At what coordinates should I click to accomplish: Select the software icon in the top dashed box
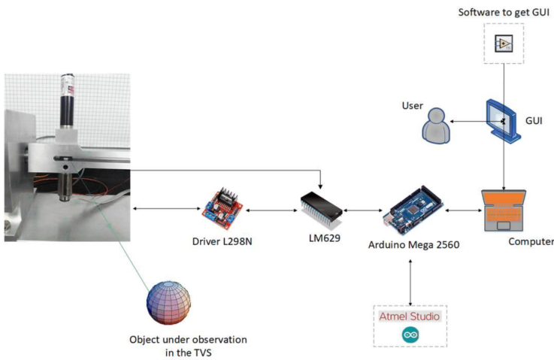pos(503,43)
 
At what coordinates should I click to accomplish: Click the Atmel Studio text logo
pos(410,316)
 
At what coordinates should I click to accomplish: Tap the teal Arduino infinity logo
pos(410,334)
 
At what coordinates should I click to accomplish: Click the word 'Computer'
pos(530,241)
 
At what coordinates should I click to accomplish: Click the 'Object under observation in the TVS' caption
pos(188,346)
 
